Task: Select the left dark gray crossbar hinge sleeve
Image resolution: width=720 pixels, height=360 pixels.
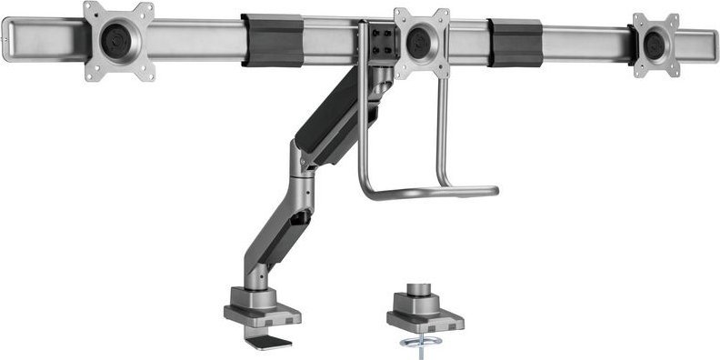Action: click(273, 40)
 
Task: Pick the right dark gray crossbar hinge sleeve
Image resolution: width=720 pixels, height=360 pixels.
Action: click(515, 42)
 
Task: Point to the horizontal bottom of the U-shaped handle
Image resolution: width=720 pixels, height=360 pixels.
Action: click(427, 193)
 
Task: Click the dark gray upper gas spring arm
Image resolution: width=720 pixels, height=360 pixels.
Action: click(341, 123)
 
